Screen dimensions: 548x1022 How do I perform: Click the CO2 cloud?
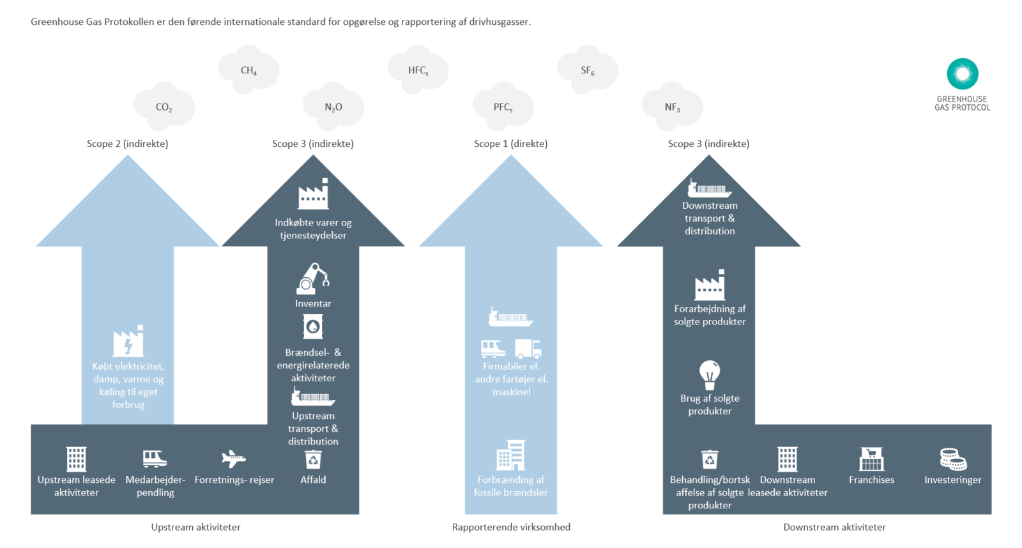pyautogui.click(x=164, y=107)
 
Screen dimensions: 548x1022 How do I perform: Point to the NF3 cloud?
pyautogui.click(x=672, y=107)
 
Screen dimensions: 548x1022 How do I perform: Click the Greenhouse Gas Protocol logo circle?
pyautogui.click(x=962, y=74)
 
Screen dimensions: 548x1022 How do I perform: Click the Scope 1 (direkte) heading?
pyautogui.click(x=510, y=144)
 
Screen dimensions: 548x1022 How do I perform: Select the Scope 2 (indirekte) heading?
pyautogui.click(x=127, y=144)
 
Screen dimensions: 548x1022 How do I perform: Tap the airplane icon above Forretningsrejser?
pyautogui.click(x=233, y=458)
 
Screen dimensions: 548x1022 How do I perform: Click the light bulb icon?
pyautogui.click(x=709, y=374)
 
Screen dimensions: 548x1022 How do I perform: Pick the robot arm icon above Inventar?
pyautogui.click(x=313, y=279)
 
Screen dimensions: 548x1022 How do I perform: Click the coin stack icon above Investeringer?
pyautogui.click(x=952, y=459)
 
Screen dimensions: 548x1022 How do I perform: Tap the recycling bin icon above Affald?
pyautogui.click(x=313, y=459)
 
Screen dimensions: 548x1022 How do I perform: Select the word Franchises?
pyautogui.click(x=871, y=480)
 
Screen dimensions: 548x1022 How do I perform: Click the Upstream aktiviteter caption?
pyautogui.click(x=195, y=527)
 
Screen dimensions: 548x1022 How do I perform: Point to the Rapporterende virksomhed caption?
pyautogui.click(x=511, y=527)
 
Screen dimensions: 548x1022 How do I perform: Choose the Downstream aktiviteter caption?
pyautogui.click(x=834, y=527)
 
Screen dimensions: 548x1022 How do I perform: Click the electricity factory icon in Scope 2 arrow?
pyautogui.click(x=128, y=342)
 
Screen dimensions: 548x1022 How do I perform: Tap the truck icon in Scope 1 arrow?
pyautogui.click(x=528, y=349)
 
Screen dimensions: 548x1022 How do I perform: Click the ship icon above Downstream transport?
pyautogui.click(x=709, y=188)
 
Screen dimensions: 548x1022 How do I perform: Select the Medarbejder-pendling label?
pyautogui.click(x=155, y=486)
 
